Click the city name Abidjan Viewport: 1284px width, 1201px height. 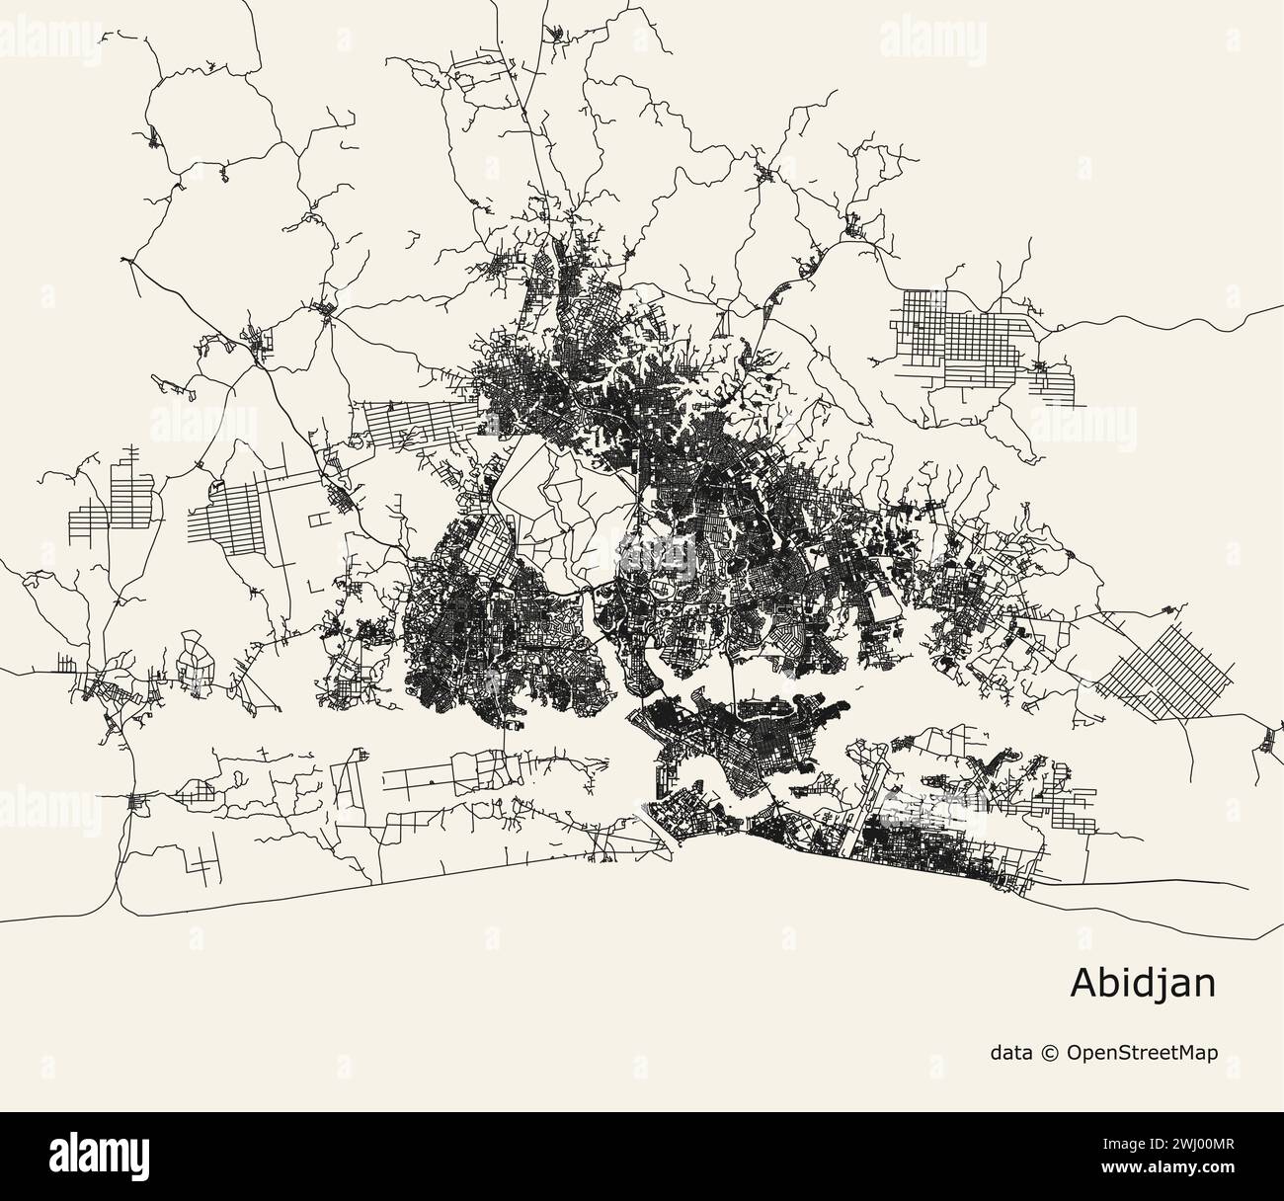1143,984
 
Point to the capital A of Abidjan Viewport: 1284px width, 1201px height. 1083,984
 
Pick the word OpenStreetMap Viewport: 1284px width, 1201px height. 1142,1053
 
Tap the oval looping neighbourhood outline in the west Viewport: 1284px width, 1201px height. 193,662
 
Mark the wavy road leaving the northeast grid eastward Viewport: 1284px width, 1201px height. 1165,318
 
